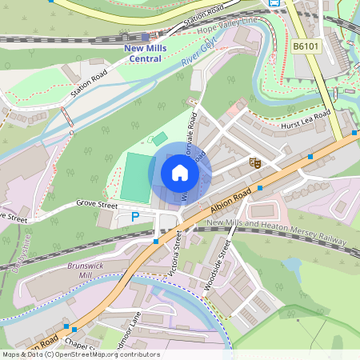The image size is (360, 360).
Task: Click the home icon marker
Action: coord(180,172)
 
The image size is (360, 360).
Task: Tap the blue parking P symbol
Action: coord(135,216)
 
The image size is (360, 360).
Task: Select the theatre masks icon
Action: coord(256,162)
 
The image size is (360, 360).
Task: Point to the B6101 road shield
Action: coord(305,47)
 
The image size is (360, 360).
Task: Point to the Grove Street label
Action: coord(97,204)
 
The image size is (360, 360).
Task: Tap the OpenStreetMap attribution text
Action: coord(80,354)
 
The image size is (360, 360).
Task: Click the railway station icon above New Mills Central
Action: coord(144,36)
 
